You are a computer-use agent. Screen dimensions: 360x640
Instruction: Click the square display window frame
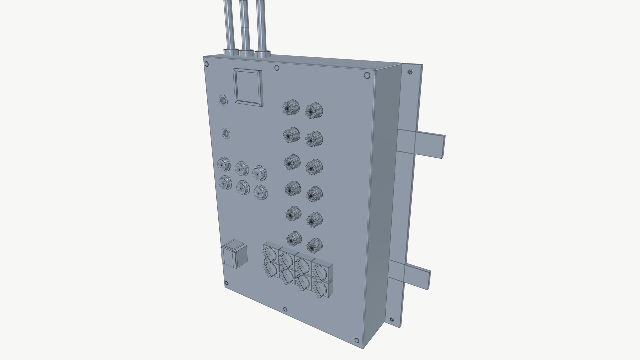pyautogui.click(x=248, y=87)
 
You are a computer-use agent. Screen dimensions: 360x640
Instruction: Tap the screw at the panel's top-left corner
pyautogui.click(x=206, y=64)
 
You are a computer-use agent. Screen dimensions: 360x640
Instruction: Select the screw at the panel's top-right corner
pyautogui.click(x=367, y=76)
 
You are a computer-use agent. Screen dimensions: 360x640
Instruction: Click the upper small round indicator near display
pyautogui.click(x=223, y=100)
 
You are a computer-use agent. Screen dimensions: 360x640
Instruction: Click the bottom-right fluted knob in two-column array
pyautogui.click(x=314, y=246)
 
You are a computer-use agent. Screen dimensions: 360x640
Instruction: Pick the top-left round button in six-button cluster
pyautogui.click(x=224, y=164)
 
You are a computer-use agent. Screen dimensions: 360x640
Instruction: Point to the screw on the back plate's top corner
pyautogui.click(x=410, y=72)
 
